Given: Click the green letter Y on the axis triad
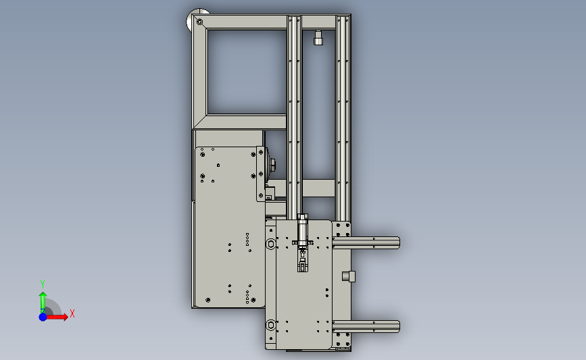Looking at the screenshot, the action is coord(42,284).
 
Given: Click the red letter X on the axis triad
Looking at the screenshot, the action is coord(72,313).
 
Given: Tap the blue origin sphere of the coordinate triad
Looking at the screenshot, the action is coord(43,317).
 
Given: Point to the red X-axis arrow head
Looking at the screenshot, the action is coord(66,317).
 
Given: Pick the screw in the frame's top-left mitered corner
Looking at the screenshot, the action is coord(199,22).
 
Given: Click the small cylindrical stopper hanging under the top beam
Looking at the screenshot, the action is coord(318,38).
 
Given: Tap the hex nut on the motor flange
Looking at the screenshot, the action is coord(272,163).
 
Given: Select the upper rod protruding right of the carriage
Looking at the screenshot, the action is coord(366,242).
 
